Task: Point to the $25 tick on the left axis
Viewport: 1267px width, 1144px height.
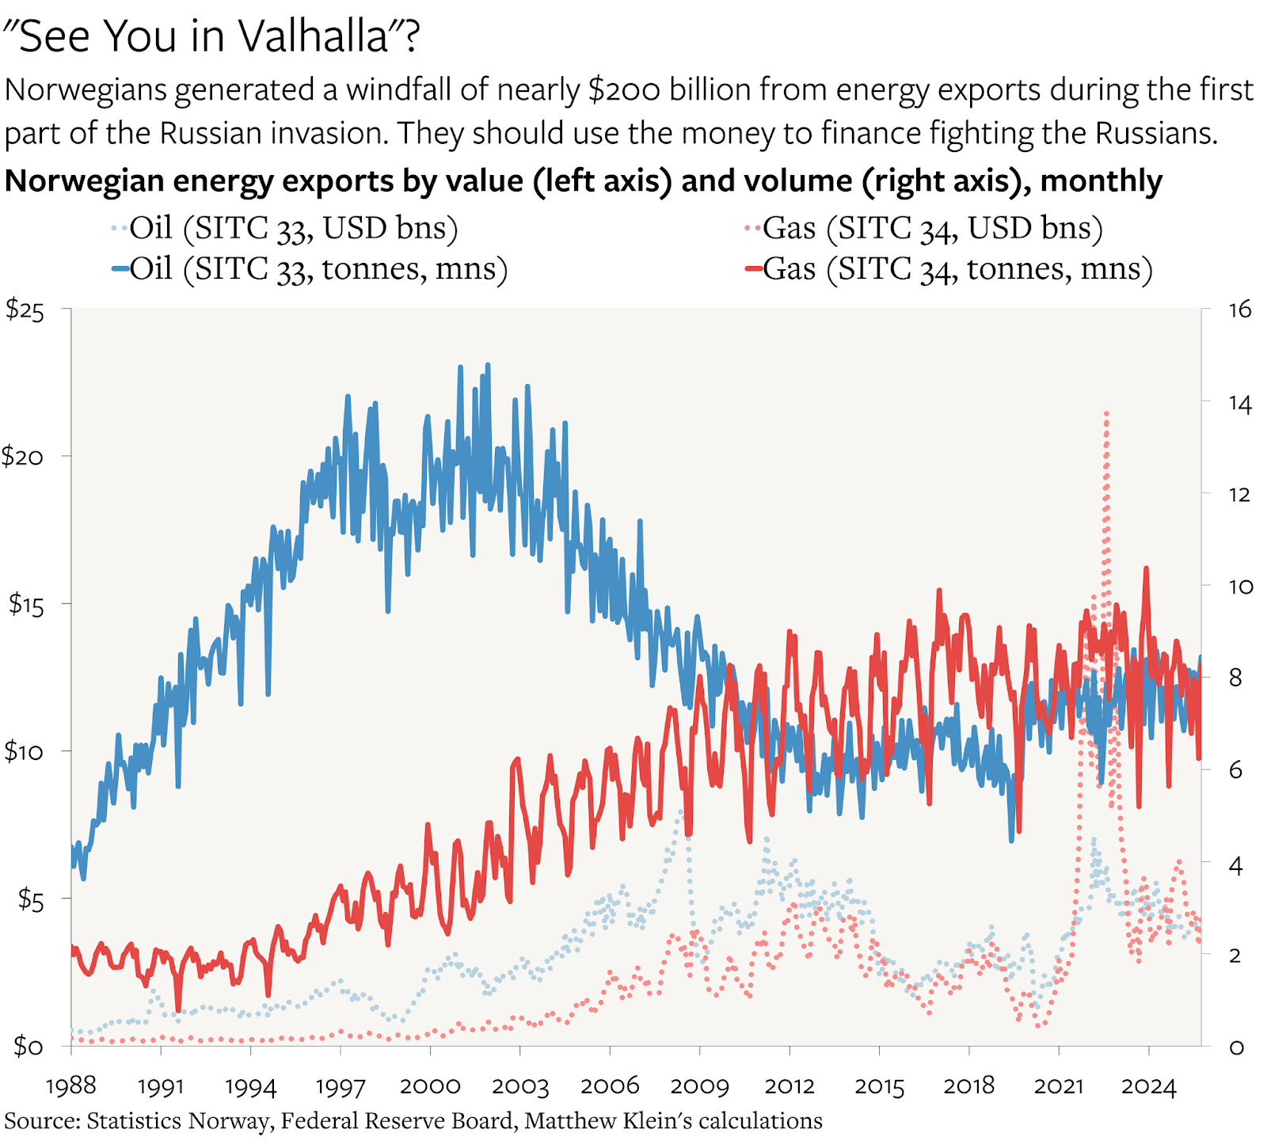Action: coord(25,310)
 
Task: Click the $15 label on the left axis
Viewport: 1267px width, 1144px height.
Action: coord(25,605)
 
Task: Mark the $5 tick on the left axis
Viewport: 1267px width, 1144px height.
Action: coord(30,899)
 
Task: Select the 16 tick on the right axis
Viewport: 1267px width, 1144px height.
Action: coord(1239,310)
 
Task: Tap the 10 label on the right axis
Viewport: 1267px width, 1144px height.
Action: coord(1240,587)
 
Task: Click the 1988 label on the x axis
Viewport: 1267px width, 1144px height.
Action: coord(71,1085)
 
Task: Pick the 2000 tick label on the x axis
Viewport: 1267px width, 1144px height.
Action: coord(430,1085)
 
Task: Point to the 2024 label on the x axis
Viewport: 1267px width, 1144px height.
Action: coord(1148,1085)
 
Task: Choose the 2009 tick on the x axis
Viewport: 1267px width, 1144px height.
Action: coord(699,1085)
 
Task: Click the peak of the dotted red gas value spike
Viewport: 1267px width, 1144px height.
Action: coord(1106,412)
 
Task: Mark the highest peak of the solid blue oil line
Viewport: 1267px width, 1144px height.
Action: coord(488,364)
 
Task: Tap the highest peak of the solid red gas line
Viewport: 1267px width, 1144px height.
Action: coord(1145,568)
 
